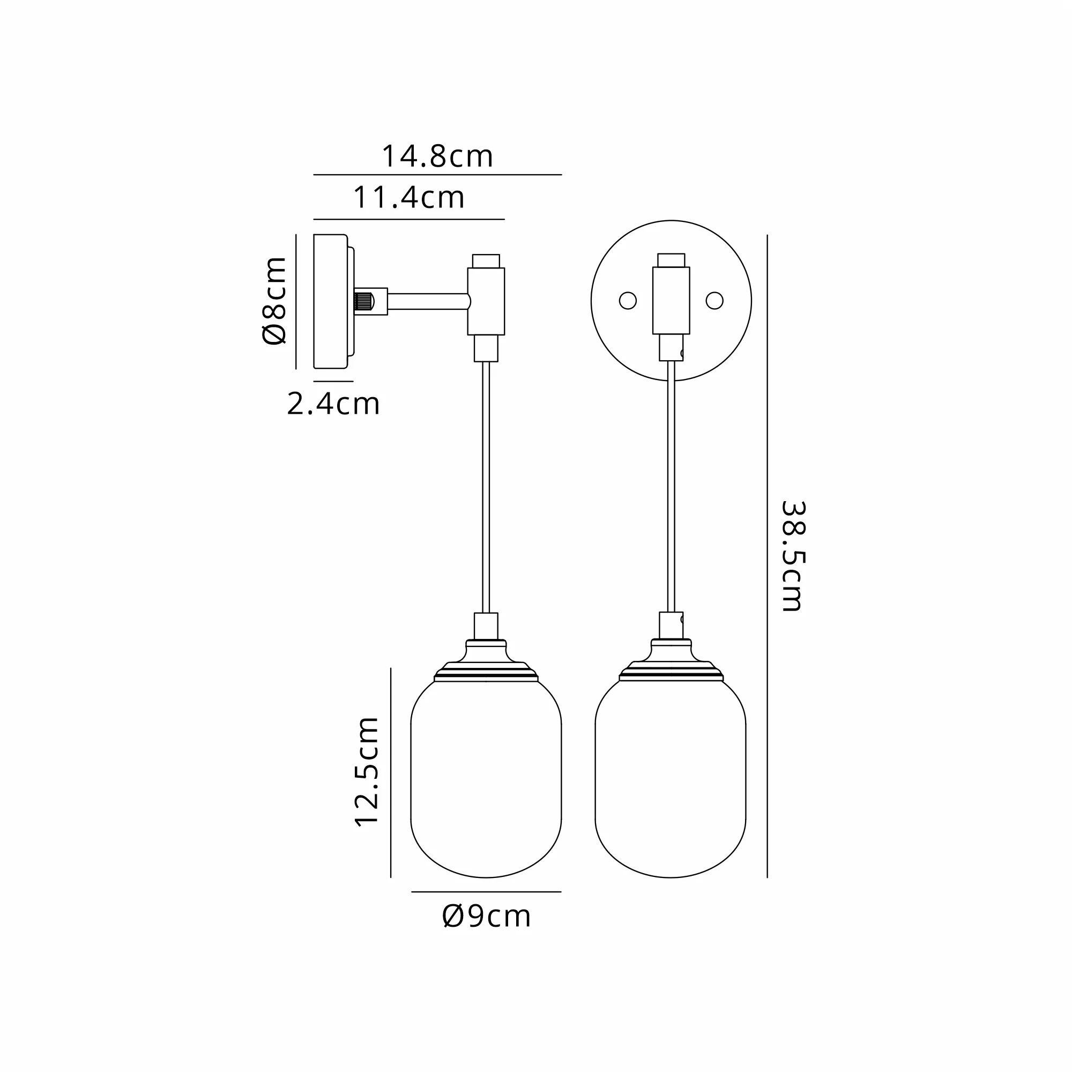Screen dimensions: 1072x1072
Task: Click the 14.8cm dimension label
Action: coord(437,157)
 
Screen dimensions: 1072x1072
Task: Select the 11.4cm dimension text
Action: coord(409,198)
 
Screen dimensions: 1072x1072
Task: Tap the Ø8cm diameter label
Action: coord(274,301)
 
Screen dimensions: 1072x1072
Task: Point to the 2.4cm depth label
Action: coord(333,404)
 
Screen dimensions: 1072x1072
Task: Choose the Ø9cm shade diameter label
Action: coord(487,916)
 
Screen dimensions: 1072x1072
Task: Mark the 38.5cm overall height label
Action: coord(792,556)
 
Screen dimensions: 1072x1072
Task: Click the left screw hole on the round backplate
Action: coord(628,301)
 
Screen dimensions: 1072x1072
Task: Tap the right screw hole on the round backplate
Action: coord(714,301)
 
